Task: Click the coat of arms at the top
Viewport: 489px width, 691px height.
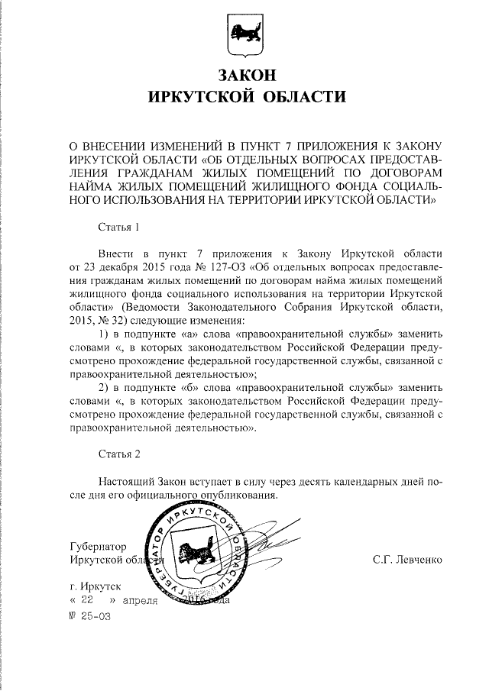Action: pos(244,35)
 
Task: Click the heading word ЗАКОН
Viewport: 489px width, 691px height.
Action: pos(244,76)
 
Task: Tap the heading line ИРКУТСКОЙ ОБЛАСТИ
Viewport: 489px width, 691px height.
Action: pos(244,97)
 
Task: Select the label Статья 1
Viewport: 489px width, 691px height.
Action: pos(119,228)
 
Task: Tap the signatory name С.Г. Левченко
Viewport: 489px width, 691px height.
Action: pos(407,560)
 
